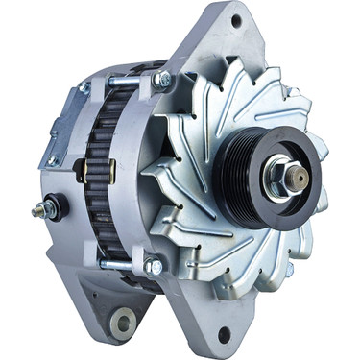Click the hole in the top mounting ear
[x=235, y=20]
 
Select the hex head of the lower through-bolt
[x=153, y=265]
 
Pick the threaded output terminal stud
[x=38, y=211]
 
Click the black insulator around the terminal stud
[x=53, y=207]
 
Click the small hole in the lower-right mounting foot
[x=223, y=335]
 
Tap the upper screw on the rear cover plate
[x=84, y=88]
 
